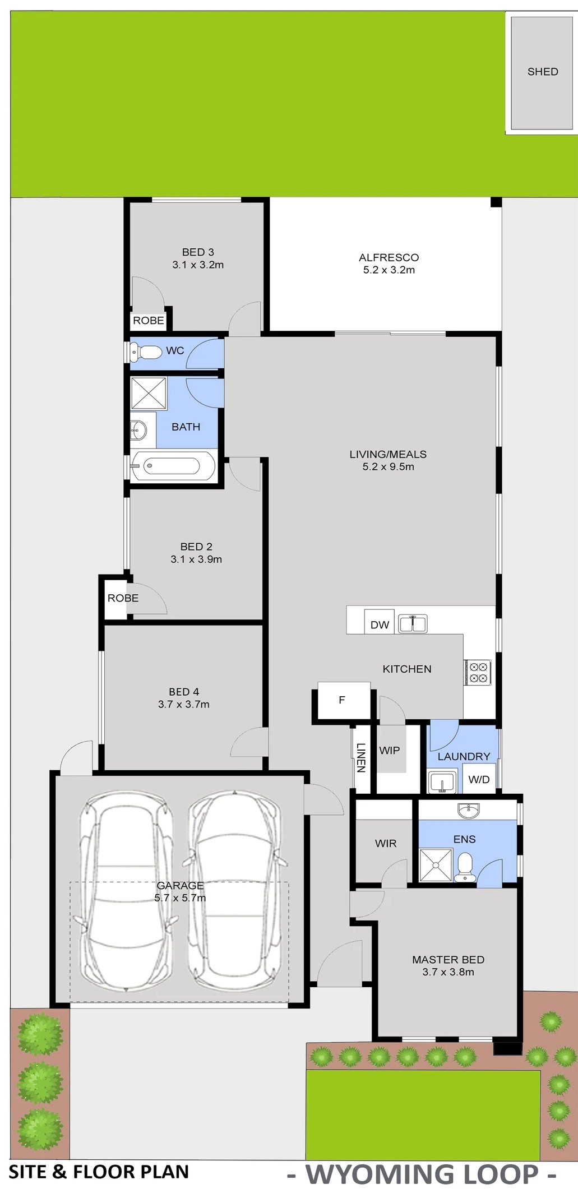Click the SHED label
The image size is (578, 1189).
(543, 72)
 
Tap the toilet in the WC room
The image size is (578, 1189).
(145, 352)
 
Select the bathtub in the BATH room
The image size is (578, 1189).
(173, 466)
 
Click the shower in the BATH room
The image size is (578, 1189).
(149, 394)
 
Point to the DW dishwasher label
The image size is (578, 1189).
(380, 625)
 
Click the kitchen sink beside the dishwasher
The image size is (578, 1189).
(413, 624)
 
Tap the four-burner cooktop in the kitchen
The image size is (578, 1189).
(478, 672)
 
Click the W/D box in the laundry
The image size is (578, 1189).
(479, 779)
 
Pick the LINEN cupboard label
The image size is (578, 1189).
(360, 757)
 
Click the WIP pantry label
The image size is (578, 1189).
(390, 750)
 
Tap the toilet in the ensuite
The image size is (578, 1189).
(465, 868)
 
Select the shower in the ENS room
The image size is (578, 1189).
(436, 865)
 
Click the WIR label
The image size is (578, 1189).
(386, 843)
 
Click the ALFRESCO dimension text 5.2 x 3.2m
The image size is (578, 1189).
(389, 270)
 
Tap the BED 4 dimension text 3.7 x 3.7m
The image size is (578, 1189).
(184, 704)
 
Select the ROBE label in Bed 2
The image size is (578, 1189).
(123, 598)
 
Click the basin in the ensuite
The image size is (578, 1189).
(468, 810)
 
